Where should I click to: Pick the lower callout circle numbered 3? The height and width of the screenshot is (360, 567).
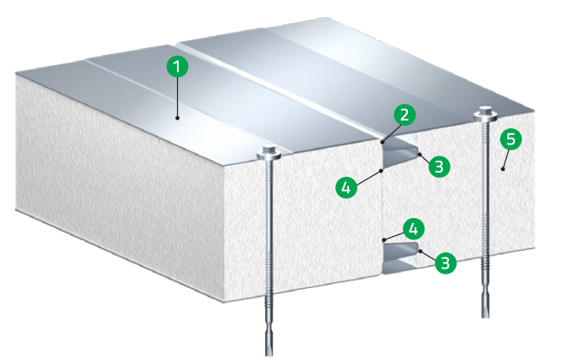point(445,263)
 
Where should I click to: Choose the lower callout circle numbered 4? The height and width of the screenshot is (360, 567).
point(413,228)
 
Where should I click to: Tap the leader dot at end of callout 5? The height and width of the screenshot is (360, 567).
point(503,171)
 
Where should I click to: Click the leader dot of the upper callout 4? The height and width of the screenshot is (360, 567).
point(380,169)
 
